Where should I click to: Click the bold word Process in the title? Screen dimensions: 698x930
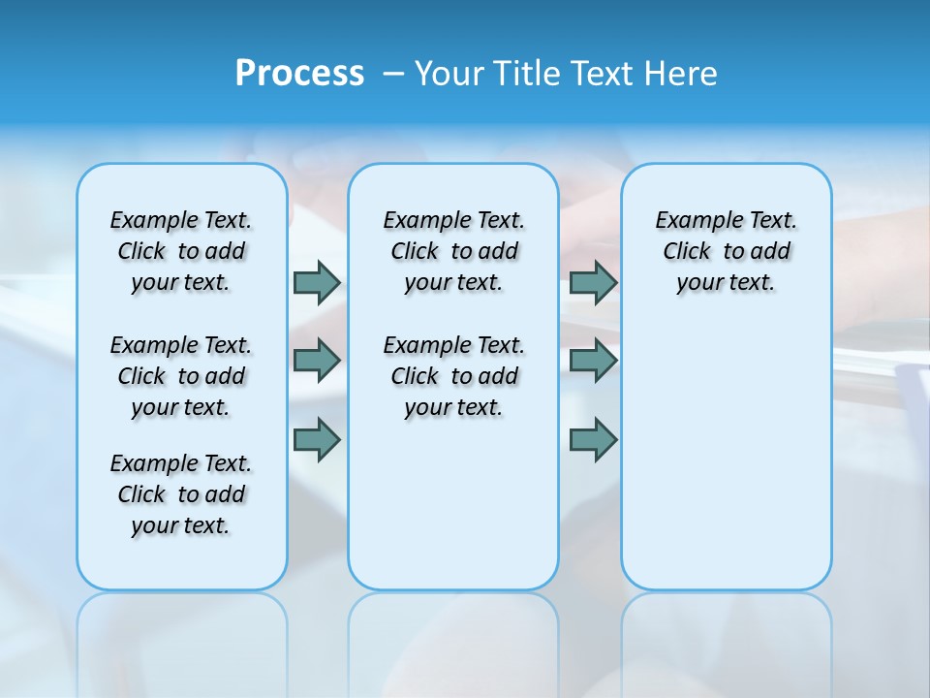pyautogui.click(x=299, y=74)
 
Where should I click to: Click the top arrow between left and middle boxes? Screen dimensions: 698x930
pyautogui.click(x=317, y=282)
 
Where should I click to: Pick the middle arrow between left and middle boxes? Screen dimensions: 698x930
pyautogui.click(x=317, y=361)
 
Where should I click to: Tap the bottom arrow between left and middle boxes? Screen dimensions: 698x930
pyautogui.click(x=317, y=439)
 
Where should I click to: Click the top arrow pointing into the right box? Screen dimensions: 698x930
pyautogui.click(x=593, y=282)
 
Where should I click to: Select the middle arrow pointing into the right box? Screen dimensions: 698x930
pyautogui.click(x=593, y=361)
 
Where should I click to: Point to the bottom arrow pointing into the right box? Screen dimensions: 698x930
pyautogui.click(x=593, y=439)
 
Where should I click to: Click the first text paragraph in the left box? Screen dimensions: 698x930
pyautogui.click(x=181, y=251)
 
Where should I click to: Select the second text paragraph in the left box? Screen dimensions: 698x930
pyautogui.click(x=181, y=376)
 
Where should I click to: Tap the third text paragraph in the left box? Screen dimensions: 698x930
pyautogui.click(x=181, y=494)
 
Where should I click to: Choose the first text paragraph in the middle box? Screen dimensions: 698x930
pyautogui.click(x=453, y=251)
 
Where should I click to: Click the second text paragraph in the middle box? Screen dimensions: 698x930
pyautogui.click(x=453, y=376)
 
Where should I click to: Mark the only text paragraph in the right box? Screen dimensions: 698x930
pyautogui.click(x=726, y=251)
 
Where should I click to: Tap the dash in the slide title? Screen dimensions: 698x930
pyautogui.click(x=393, y=74)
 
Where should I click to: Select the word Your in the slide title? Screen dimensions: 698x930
pyautogui.click(x=449, y=74)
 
